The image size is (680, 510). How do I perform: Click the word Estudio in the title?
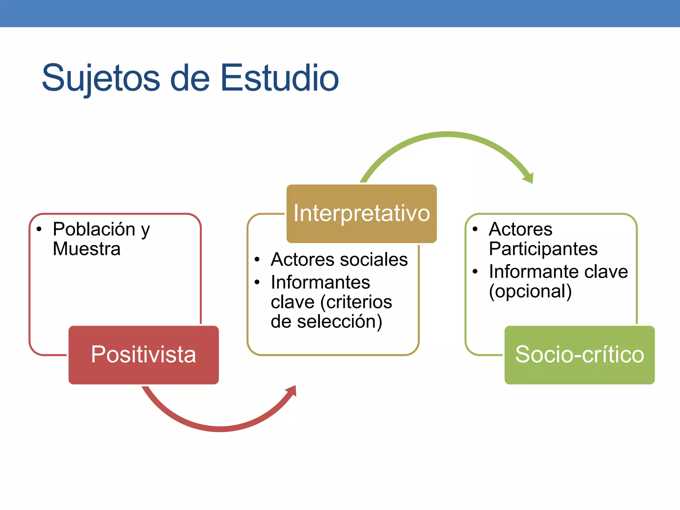[280, 78]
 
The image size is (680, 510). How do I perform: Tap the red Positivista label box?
[143, 355]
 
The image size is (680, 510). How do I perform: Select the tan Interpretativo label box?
[361, 213]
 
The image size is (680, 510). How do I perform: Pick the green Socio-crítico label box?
[579, 355]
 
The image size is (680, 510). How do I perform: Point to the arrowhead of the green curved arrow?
[529, 178]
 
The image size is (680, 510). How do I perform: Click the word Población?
[94, 229]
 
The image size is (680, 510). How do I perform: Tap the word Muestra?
[87, 249]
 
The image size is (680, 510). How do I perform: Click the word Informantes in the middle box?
[320, 283]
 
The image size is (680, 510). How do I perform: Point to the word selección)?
[339, 322]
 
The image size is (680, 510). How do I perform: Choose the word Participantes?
[543, 249]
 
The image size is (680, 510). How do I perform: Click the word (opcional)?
[530, 291]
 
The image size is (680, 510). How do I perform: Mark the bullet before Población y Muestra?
[39, 229]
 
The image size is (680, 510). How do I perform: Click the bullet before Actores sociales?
[257, 259]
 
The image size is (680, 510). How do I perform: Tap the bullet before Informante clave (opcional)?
[475, 272]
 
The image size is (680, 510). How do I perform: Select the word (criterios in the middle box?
[356, 302]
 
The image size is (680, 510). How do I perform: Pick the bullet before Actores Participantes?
[475, 229]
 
